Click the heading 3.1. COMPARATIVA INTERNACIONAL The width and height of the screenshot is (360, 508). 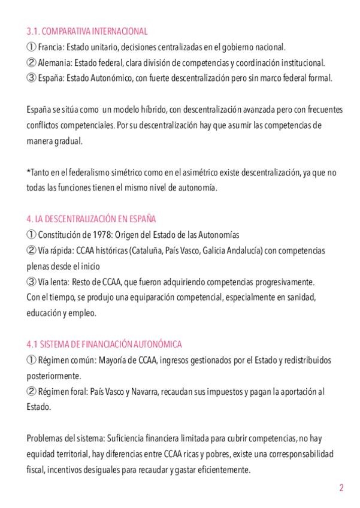[x=87, y=31]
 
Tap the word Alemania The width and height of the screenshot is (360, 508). [x=54, y=62]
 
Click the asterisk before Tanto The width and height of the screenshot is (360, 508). [x=28, y=172]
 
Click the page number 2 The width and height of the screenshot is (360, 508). [x=341, y=488]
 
